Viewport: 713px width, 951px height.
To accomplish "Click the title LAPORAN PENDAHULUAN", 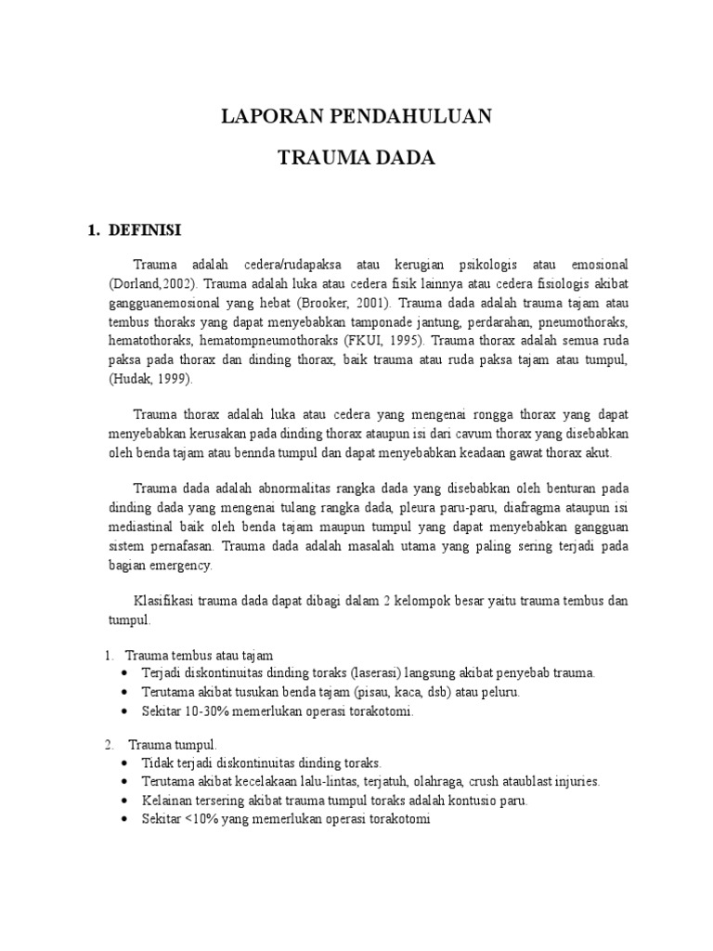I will (356, 117).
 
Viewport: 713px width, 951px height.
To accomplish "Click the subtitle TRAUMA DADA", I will (356, 159).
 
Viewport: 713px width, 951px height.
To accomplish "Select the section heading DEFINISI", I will (149, 229).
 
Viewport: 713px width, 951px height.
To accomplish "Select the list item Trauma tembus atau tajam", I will (200, 655).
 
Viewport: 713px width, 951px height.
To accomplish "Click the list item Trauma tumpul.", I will (173, 745).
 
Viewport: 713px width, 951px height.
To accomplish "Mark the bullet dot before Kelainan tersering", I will (126, 801).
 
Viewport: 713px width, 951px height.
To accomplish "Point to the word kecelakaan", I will (257, 782).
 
